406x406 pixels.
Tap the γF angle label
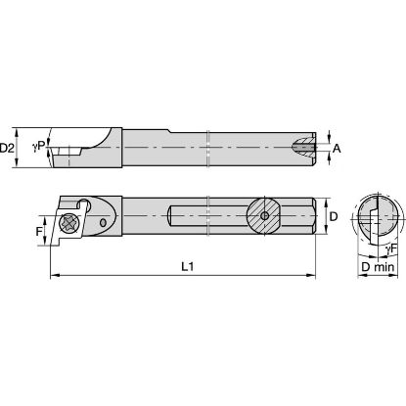392,249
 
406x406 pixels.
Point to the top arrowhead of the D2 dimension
23,128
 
